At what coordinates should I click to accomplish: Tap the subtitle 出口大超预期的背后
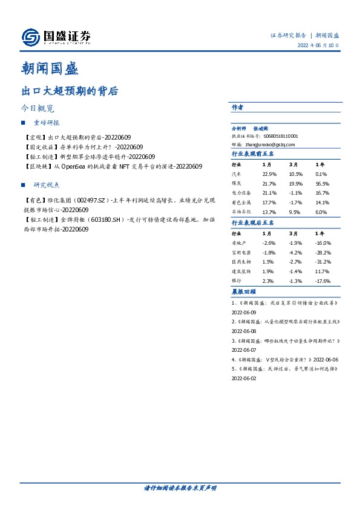pyautogui.click(x=69, y=92)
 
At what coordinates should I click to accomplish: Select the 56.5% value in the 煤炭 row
pyautogui.click(x=322, y=184)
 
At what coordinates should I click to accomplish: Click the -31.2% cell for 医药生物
pyautogui.click(x=323, y=262)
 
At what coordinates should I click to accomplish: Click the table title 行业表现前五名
pyautogui.click(x=253, y=154)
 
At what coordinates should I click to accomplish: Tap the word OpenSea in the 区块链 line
pyautogui.click(x=74, y=166)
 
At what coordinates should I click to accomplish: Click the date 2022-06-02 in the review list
pyautogui.click(x=244, y=378)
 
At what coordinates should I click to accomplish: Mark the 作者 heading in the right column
pyautogui.click(x=237, y=108)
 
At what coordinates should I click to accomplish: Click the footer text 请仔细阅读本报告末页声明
pyautogui.click(x=180, y=488)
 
